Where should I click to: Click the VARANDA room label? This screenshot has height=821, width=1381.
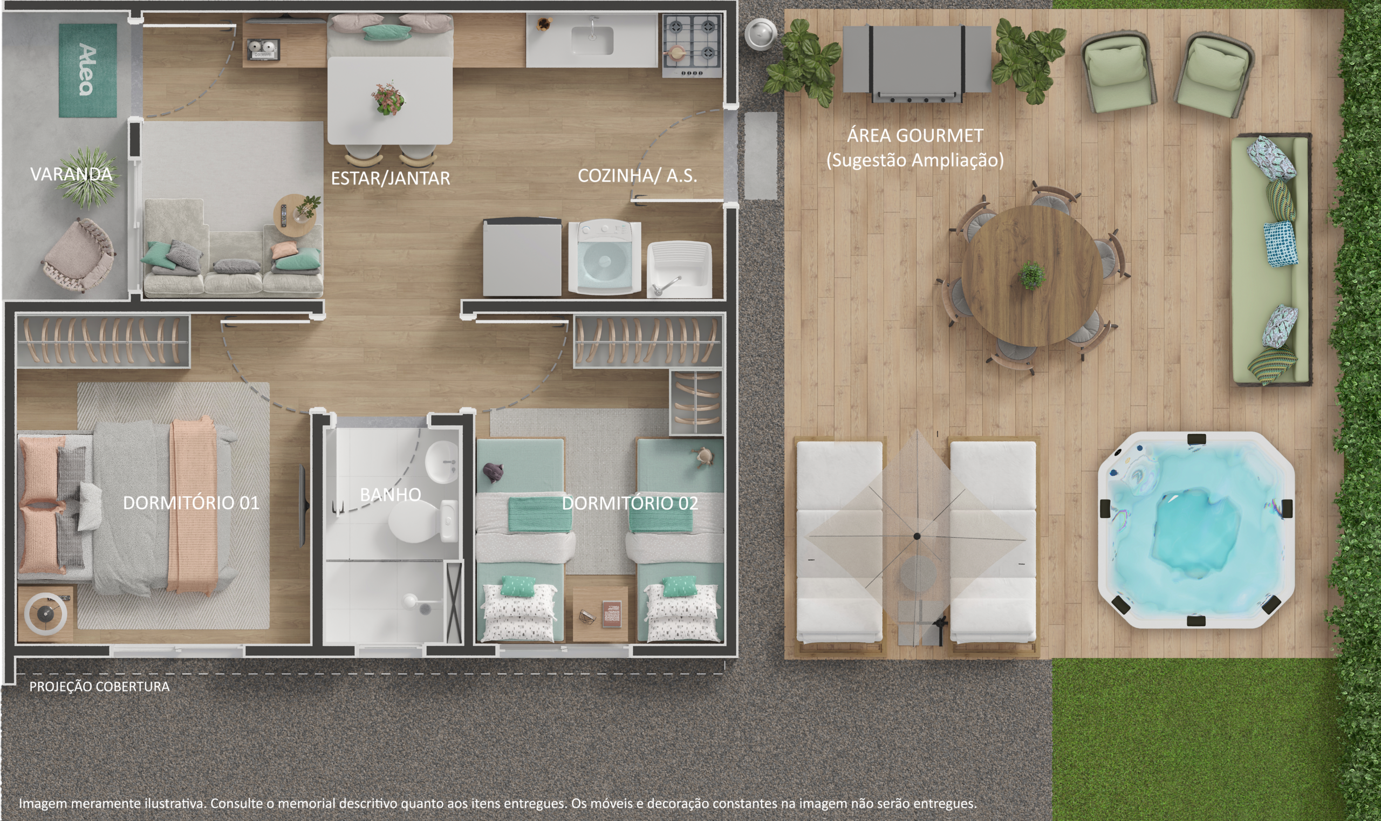(71, 174)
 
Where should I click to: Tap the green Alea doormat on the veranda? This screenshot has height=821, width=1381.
(88, 70)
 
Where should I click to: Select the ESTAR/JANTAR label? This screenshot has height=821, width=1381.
(390, 178)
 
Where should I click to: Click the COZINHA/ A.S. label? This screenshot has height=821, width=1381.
(637, 176)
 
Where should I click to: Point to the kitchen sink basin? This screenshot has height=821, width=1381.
(592, 40)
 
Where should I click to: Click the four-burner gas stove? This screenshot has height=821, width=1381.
(692, 46)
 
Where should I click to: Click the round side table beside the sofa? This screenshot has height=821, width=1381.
(296, 215)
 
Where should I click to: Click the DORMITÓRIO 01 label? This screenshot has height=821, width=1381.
(191, 503)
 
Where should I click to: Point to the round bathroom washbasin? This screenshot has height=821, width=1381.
(441, 462)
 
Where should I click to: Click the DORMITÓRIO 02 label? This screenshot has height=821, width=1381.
(630, 503)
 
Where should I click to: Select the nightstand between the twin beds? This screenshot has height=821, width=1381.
(600, 614)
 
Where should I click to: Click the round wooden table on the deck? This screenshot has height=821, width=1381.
(1032, 276)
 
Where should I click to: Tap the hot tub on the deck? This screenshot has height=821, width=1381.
(1195, 530)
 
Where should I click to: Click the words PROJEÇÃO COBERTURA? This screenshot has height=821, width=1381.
(100, 687)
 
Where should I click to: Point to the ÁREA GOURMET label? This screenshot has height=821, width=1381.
(915, 135)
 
